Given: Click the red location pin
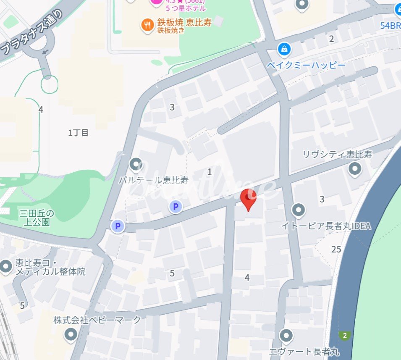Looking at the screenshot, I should tap(248, 199).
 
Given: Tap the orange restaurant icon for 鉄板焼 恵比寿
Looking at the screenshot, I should tap(147, 25).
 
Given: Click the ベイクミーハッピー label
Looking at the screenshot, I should tap(306, 66).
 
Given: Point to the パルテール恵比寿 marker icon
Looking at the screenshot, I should tap(136, 164).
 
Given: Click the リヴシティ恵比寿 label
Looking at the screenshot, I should tap(337, 154).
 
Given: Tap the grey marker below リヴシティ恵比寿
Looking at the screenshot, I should tap(355, 169).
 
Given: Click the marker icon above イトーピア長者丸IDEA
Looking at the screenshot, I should tap(298, 209).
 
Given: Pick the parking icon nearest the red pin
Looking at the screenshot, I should tap(176, 206).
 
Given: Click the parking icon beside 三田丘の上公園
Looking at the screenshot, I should tap(118, 226).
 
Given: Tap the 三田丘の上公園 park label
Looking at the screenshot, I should tap(37, 218).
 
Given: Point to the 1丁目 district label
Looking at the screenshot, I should tap(79, 133).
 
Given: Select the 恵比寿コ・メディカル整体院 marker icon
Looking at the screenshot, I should tap(6, 266).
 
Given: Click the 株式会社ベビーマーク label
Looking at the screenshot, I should tap(97, 320).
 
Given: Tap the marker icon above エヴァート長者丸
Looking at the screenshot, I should tap(286, 335).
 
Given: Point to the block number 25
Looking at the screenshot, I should tap(336, 250).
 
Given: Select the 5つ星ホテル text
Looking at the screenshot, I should tap(186, 8).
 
